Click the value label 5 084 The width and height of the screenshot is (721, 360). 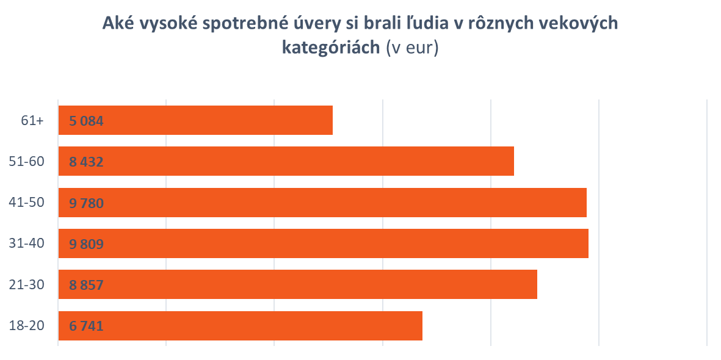click(x=86, y=121)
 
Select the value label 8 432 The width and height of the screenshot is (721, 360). click(x=86, y=162)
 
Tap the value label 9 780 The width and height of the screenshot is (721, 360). click(x=86, y=203)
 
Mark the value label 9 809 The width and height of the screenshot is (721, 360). click(x=86, y=244)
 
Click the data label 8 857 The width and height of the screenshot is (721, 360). click(x=86, y=285)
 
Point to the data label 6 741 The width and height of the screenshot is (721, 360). click(x=86, y=326)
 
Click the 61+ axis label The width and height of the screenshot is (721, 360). click(x=32, y=121)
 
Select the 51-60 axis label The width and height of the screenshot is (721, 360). click(x=27, y=162)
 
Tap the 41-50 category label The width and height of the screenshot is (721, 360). click(x=27, y=203)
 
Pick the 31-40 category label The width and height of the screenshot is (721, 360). click(x=27, y=244)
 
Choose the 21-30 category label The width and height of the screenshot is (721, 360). click(x=27, y=285)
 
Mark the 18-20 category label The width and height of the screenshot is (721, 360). click(x=27, y=326)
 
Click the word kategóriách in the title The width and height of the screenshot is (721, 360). click(x=331, y=48)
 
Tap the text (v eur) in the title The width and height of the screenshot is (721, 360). click(x=412, y=48)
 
